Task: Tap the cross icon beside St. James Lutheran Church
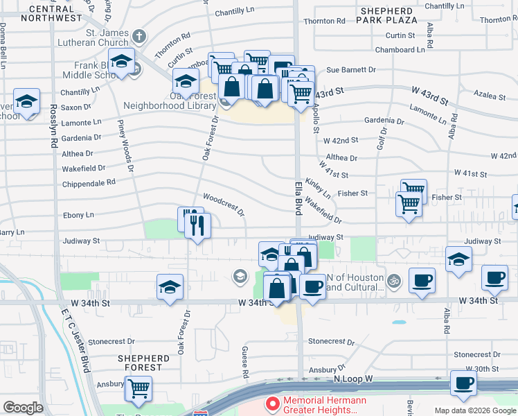pos(139,35)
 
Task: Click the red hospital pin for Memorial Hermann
pos(272,403)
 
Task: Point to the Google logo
pos(23,408)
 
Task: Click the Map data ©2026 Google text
pos(475,410)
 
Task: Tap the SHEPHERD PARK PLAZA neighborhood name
pos(386,17)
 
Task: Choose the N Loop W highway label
pos(352,379)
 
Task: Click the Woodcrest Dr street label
pos(224,205)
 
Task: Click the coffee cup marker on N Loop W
pos(463,382)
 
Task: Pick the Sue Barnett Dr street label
pos(350,70)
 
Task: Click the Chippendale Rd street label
pos(89,182)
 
